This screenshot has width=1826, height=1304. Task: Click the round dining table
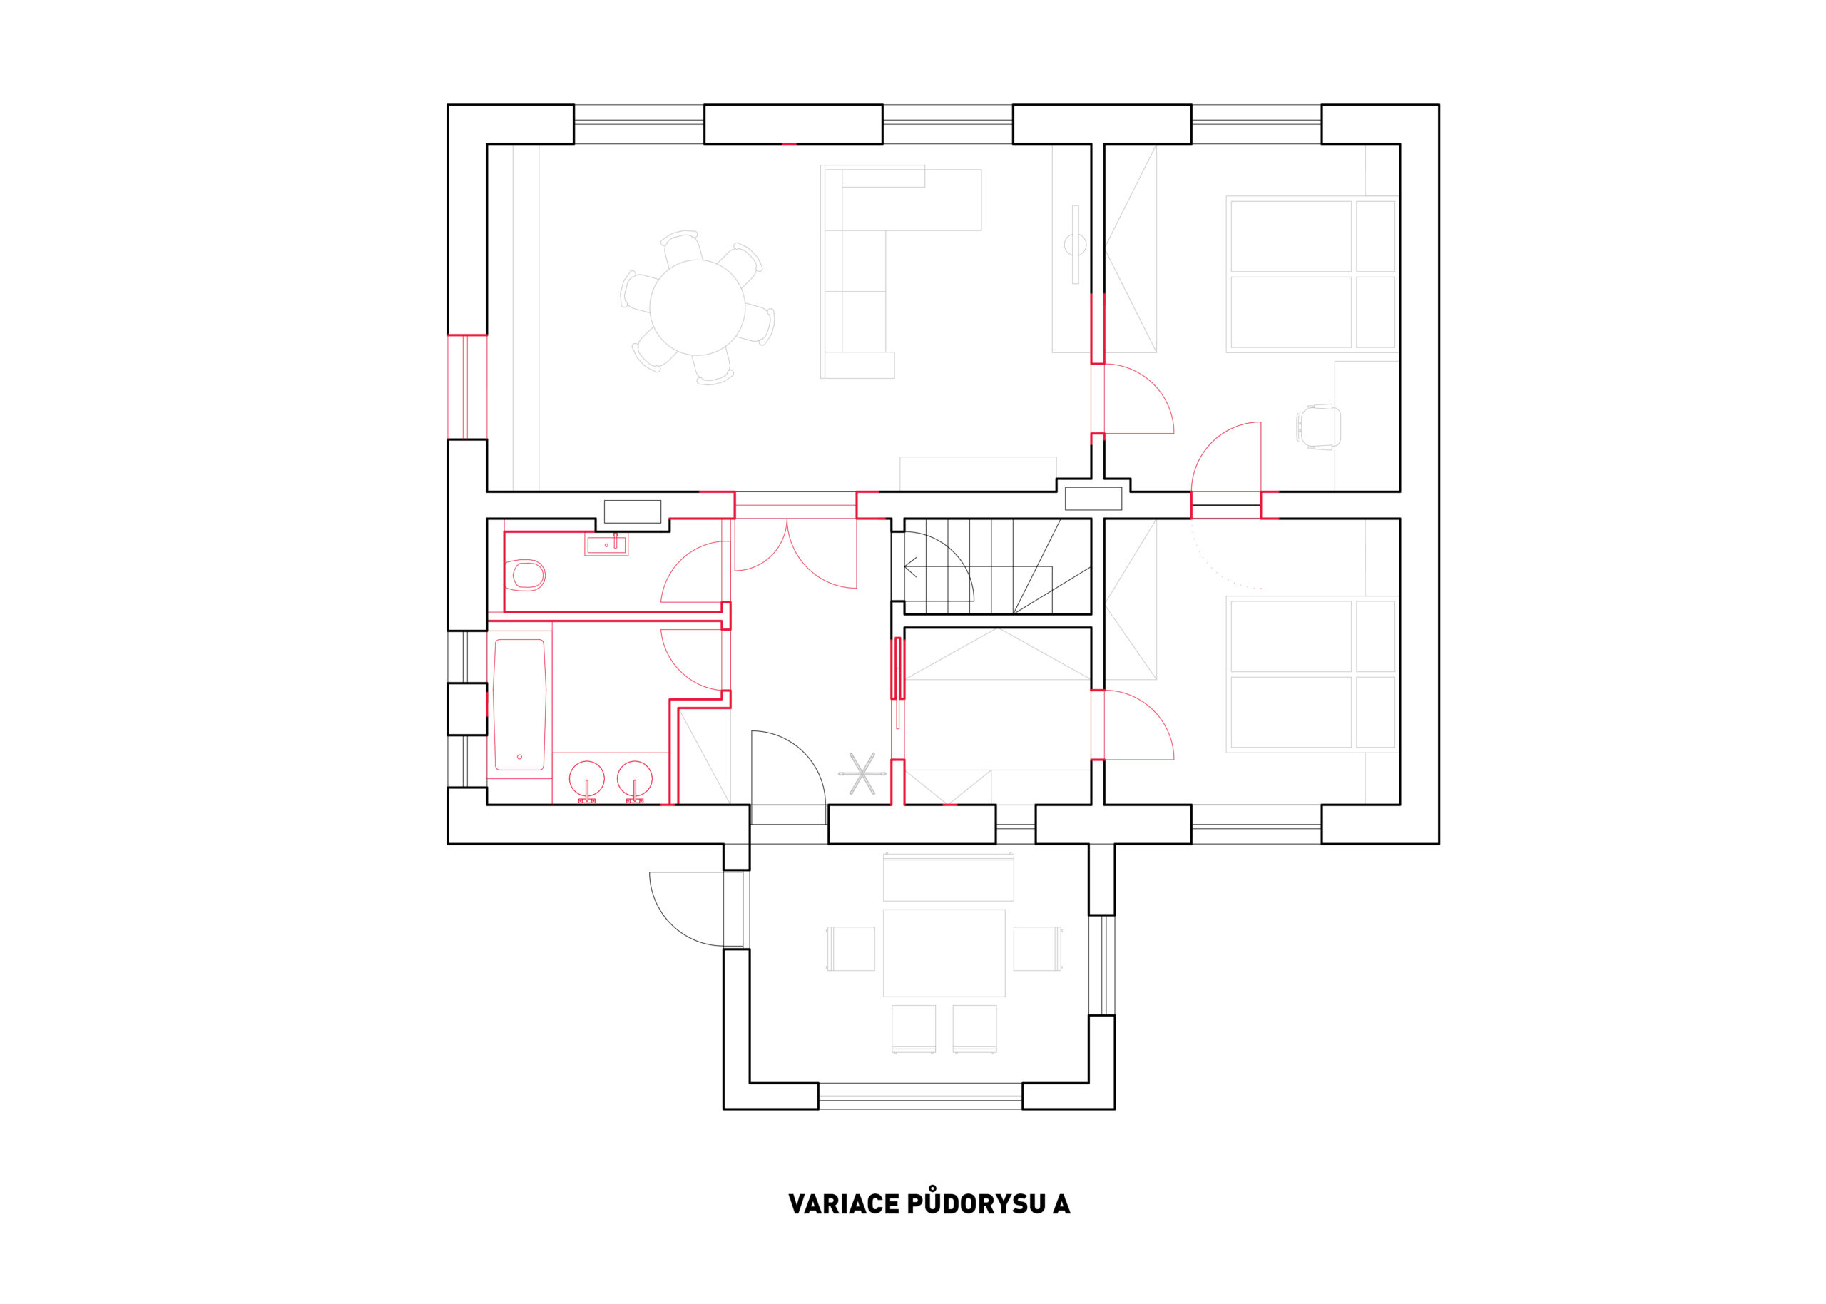tap(697, 307)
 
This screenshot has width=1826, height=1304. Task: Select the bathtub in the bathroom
tap(519, 704)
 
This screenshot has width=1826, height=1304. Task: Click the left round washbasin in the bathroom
tap(587, 779)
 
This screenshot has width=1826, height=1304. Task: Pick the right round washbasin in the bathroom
tap(635, 779)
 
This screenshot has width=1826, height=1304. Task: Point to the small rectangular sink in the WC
tap(606, 545)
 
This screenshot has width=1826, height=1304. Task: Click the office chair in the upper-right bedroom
tap(1319, 427)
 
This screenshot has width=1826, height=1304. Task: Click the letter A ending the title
tap(1061, 1204)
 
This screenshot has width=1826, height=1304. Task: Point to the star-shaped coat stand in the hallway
tap(862, 773)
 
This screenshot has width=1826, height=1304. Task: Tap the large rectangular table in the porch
tap(944, 953)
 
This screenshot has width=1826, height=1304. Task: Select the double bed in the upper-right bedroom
tap(1312, 275)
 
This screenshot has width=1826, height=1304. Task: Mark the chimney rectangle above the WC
tap(633, 511)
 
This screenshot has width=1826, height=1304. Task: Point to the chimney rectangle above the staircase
tap(1093, 499)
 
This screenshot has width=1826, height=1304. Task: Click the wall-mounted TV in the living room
tap(1076, 244)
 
